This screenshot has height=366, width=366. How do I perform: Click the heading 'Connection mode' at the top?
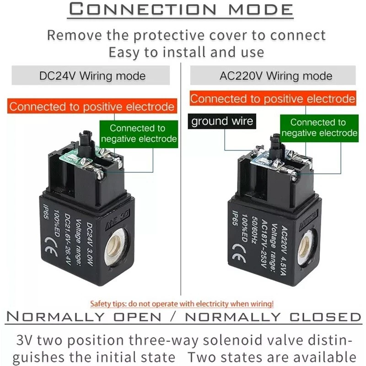(x=183, y=10)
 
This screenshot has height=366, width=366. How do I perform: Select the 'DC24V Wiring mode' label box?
(x=92, y=75)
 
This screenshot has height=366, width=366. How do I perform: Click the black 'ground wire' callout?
(x=222, y=121)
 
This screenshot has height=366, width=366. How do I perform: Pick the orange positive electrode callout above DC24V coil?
(x=92, y=107)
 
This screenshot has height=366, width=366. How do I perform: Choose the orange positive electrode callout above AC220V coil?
(x=273, y=98)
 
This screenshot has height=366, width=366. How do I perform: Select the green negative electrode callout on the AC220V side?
(x=318, y=128)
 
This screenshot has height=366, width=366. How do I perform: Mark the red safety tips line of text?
(x=182, y=303)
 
